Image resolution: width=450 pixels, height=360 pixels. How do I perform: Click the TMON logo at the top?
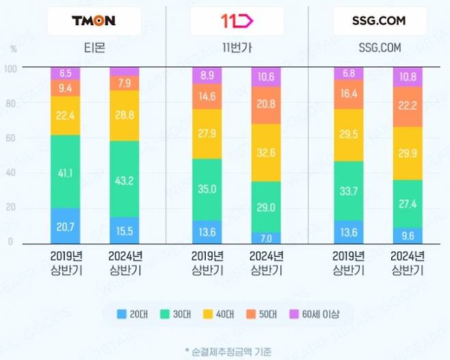tap(94, 21)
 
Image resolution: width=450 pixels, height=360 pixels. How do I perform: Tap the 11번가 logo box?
tap(237, 21)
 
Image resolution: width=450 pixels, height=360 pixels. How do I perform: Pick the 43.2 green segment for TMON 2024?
tap(124, 179)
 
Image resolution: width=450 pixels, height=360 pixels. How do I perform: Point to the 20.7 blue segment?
tap(66, 225)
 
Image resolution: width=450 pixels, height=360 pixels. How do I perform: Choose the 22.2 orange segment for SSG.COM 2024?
tap(408, 106)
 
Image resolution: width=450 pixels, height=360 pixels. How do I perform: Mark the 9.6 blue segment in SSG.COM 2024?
tap(408, 235)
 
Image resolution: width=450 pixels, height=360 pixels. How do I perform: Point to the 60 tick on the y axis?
tap(9, 138)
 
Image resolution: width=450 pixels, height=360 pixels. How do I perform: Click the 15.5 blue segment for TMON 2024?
tap(124, 230)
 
